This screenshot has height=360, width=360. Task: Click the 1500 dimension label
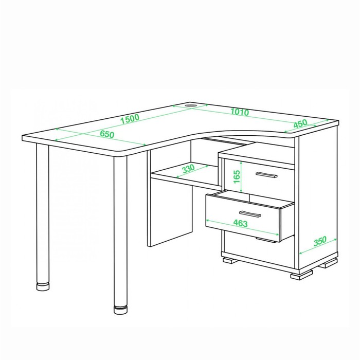(x=130, y=118)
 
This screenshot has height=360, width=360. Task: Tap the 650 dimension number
(x=107, y=134)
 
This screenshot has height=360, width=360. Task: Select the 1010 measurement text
(x=240, y=112)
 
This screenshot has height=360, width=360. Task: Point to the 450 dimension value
(x=300, y=123)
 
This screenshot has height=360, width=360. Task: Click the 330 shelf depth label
(x=188, y=169)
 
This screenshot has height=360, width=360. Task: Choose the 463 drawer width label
(x=240, y=223)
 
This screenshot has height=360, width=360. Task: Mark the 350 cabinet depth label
(x=320, y=241)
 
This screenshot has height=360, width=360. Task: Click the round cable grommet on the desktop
(x=191, y=105)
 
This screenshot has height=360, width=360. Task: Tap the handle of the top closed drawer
(x=266, y=175)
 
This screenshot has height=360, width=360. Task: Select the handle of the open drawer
(x=250, y=214)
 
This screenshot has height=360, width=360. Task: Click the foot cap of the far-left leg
(x=43, y=286)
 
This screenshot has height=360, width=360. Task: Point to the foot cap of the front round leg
(x=120, y=310)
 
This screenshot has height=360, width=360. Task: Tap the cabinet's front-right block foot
(x=301, y=274)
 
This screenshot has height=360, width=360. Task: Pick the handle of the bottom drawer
(x=266, y=240)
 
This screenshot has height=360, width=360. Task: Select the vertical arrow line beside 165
(x=241, y=176)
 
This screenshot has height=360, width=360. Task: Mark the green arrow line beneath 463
(x=242, y=227)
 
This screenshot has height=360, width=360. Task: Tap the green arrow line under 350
(x=318, y=246)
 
